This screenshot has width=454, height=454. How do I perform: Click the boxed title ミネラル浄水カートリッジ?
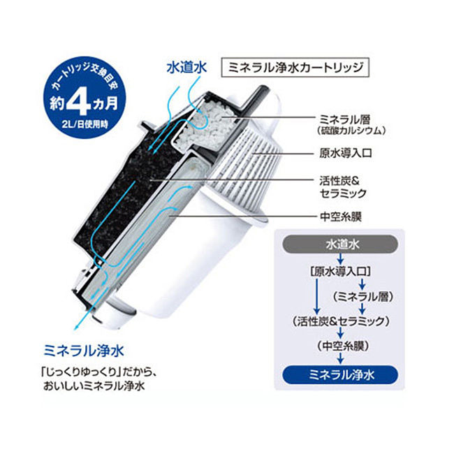click(295, 68)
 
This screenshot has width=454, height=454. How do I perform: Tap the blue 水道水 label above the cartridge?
click(186, 68)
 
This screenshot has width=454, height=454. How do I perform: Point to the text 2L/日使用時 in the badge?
click(85, 124)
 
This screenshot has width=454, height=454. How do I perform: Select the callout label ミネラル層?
click(345, 119)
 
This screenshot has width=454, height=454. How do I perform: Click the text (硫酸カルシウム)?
click(351, 131)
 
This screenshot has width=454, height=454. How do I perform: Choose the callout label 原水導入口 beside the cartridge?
click(346, 153)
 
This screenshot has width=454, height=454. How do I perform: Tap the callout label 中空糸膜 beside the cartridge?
click(341, 217)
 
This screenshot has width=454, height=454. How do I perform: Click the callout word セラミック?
click(343, 193)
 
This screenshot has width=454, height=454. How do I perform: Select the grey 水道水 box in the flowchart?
click(340, 244)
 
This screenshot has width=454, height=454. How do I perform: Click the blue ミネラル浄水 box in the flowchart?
click(340, 374)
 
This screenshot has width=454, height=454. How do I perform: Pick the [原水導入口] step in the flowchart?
click(340, 272)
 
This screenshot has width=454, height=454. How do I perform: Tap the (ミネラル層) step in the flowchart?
click(363, 296)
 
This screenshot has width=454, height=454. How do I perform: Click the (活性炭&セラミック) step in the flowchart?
click(340, 321)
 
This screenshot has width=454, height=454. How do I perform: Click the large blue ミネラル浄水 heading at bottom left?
click(84, 351)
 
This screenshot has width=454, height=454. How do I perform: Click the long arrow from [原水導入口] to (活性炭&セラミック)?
click(317, 296)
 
